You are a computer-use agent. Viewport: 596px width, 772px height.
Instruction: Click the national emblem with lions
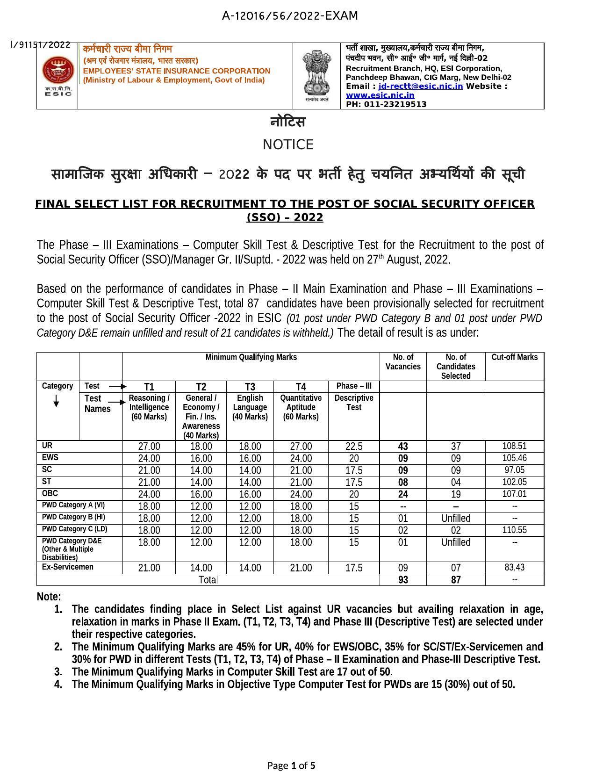[x=316, y=74]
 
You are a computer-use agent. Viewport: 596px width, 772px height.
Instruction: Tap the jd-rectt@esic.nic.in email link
[x=420, y=86]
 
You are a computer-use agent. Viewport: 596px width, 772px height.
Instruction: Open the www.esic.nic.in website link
[x=380, y=95]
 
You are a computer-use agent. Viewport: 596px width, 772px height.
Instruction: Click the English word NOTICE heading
[x=288, y=144]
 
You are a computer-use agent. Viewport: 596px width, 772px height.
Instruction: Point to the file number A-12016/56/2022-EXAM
[x=290, y=16]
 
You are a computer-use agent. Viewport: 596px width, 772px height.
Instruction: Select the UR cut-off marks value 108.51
[x=514, y=446]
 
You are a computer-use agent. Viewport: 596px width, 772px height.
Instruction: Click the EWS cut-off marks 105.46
[x=514, y=458]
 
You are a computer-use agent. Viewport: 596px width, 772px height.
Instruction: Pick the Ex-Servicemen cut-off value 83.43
[x=514, y=567]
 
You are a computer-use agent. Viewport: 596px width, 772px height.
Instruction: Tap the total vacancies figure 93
[x=403, y=580]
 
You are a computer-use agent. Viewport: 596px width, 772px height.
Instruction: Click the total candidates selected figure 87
[x=456, y=580]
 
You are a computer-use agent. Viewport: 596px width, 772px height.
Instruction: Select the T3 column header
[x=250, y=387]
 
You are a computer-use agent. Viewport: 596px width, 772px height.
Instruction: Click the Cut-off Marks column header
[x=514, y=357]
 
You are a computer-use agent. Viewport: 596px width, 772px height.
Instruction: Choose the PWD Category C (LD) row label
[x=74, y=529]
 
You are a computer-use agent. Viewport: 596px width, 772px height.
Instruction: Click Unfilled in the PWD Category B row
[x=456, y=518]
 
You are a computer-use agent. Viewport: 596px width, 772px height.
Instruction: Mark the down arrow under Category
[x=56, y=401]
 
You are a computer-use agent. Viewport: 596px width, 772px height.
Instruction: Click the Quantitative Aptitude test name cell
[x=301, y=407]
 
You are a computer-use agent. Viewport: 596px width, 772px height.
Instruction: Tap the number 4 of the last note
[x=58, y=685]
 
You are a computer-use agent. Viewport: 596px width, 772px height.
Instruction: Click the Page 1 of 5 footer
[x=291, y=765]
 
